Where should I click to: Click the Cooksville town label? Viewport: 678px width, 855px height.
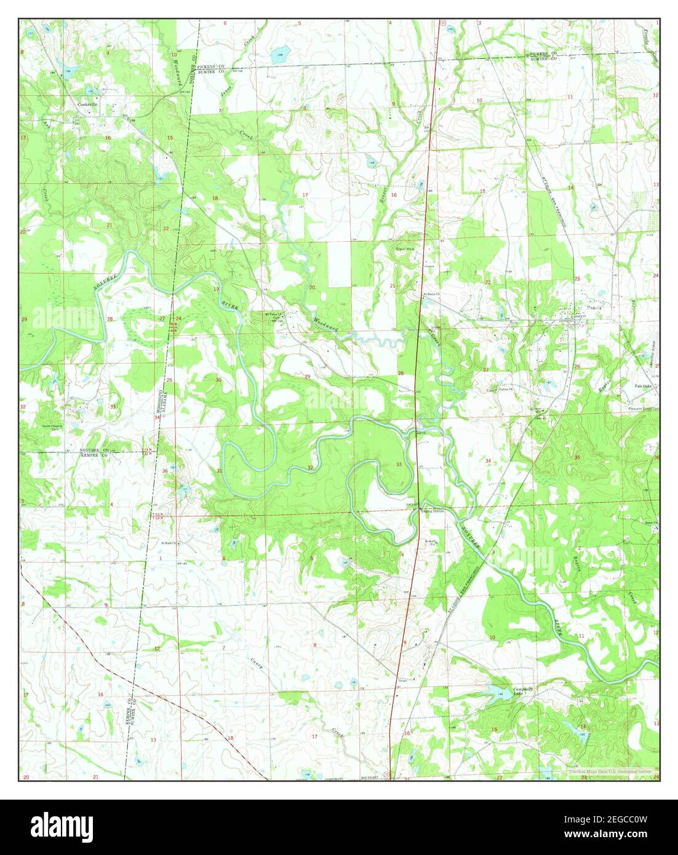tap(88, 105)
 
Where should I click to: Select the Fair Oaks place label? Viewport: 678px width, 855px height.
tap(644, 386)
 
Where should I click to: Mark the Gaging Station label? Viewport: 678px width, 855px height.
tap(433, 510)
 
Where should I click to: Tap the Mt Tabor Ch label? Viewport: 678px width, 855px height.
tap(272, 314)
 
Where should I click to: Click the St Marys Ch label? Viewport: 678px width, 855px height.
tap(431, 293)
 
